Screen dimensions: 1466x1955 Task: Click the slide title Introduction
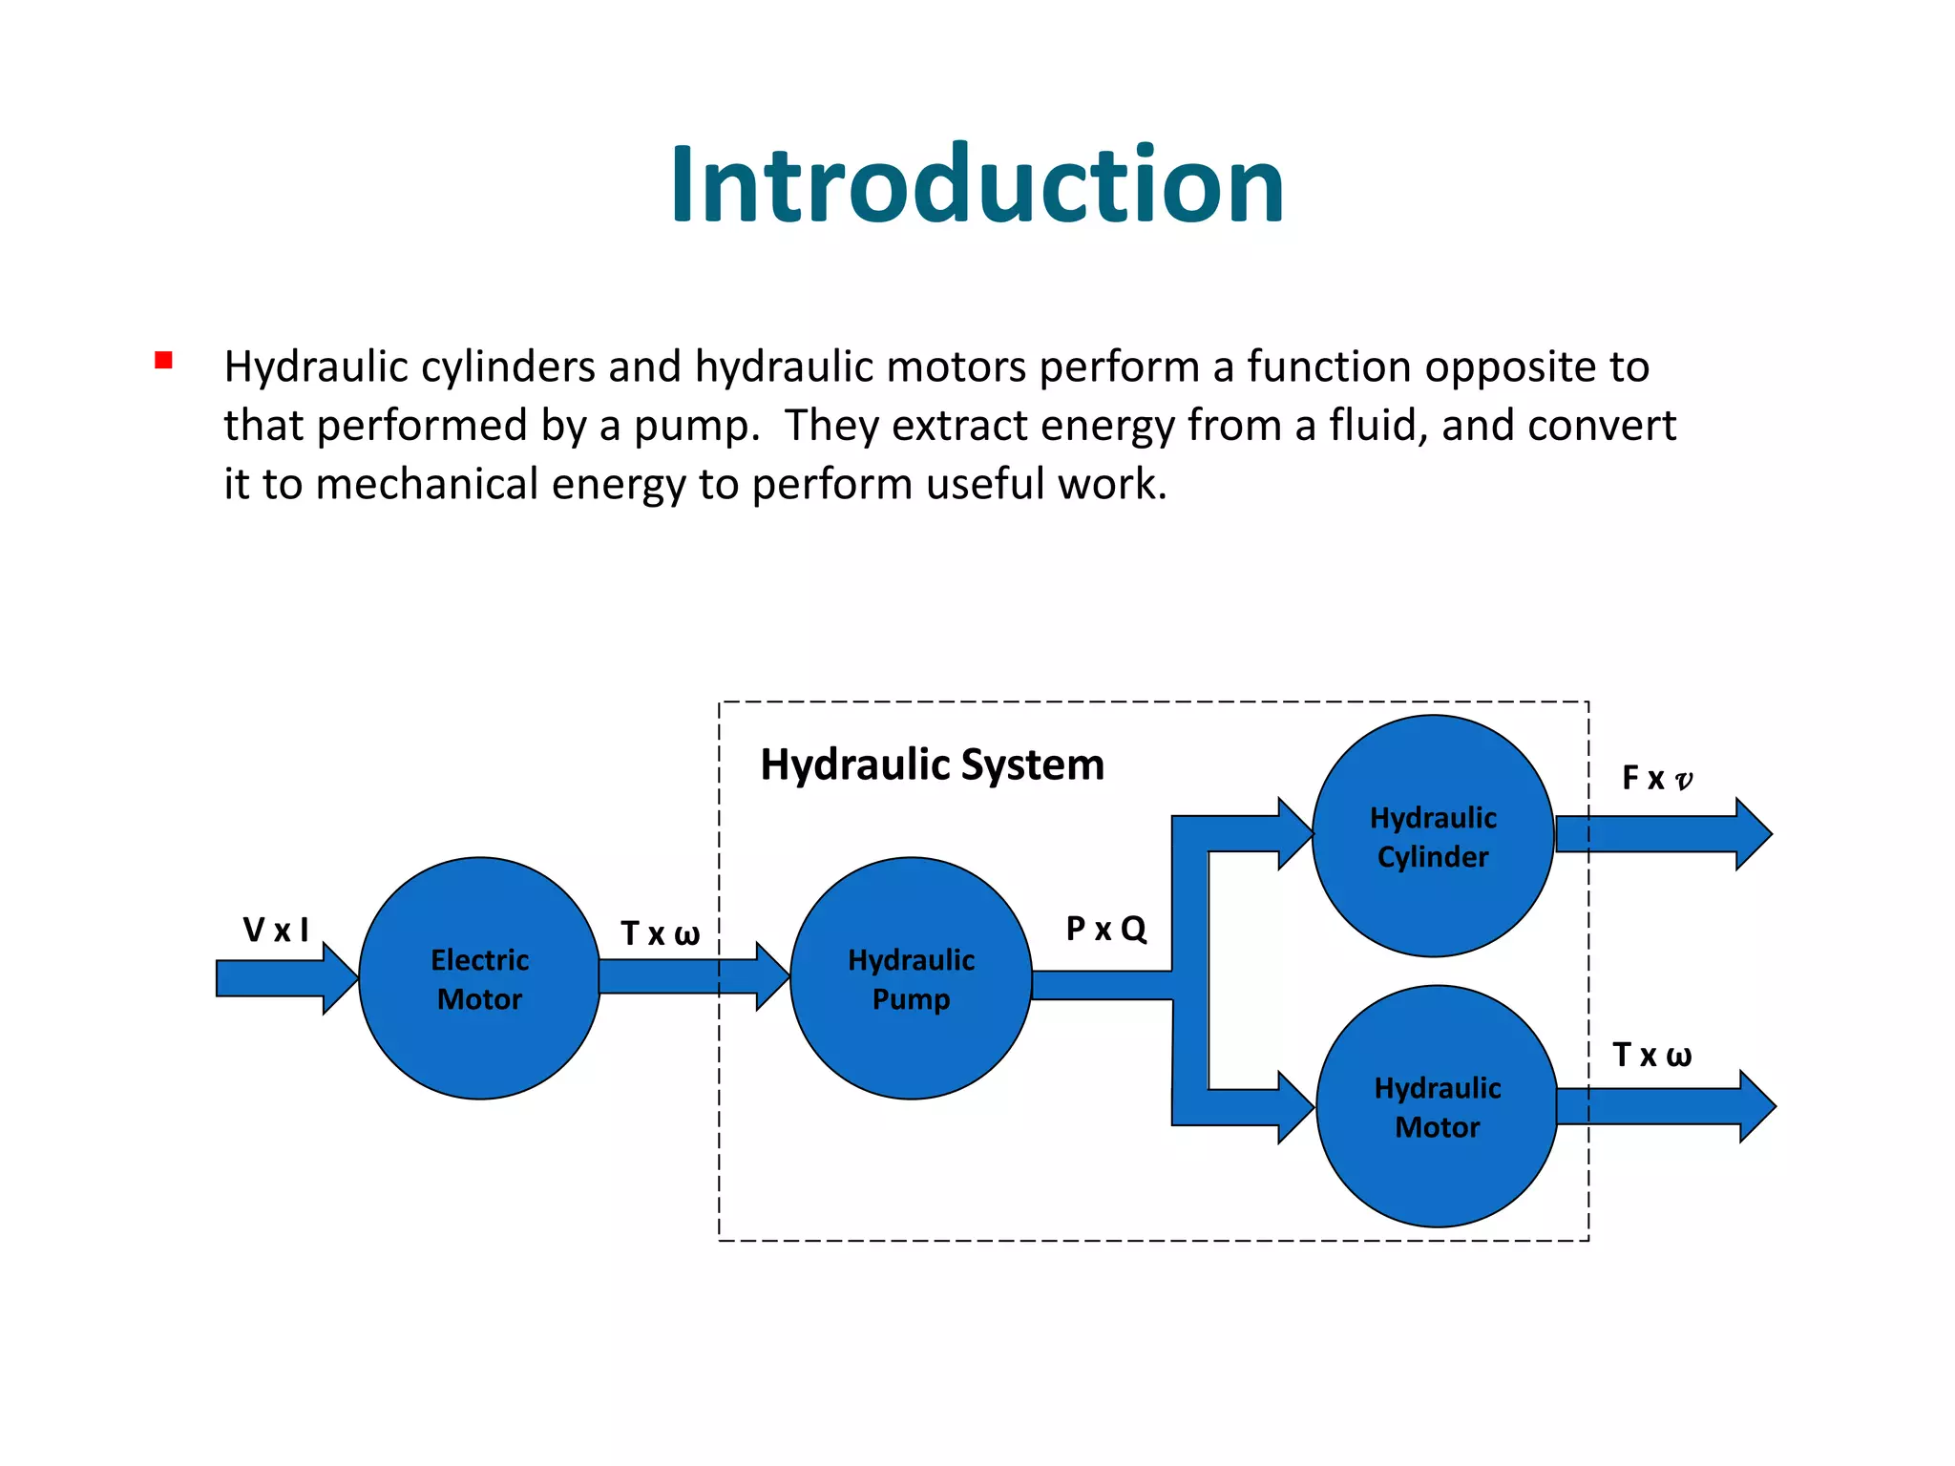point(977,185)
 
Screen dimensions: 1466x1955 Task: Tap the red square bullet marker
point(163,361)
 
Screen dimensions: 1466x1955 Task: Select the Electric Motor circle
point(479,978)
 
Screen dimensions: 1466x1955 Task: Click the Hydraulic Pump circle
point(911,978)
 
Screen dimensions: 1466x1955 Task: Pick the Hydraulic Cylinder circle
point(1432,836)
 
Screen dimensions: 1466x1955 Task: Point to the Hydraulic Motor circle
point(1437,1106)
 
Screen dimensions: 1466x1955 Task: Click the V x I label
point(276,930)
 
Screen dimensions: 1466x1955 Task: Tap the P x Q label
point(1105,929)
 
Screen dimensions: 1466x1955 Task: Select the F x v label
point(1657,778)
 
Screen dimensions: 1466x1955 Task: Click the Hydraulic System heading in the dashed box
point(932,764)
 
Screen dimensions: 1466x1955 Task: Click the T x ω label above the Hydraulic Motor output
point(1651,1055)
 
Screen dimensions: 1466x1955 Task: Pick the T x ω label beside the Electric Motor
point(660,933)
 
